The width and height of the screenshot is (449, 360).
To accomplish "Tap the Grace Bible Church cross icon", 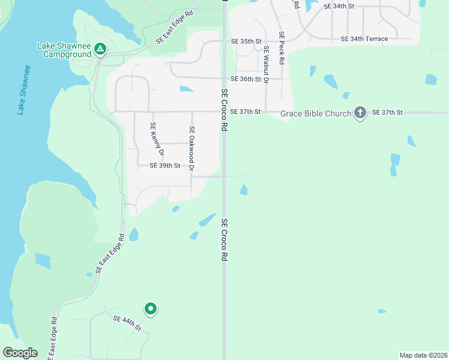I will pos(360,112).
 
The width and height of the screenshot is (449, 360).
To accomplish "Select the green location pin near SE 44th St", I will pos(150,309).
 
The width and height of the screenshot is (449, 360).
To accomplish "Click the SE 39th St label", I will pos(164,165).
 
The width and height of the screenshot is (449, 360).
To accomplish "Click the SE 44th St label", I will pos(127,323).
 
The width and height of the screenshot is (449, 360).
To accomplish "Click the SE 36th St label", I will pos(247,79).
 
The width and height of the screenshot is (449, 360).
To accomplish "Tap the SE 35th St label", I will pos(247,41).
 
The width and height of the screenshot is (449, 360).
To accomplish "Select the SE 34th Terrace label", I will pos(364,38).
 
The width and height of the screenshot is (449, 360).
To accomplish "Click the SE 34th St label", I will pos(339,6).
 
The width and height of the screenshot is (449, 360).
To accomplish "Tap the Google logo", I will pos(20,353).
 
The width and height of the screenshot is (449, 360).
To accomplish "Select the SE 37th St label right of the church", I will pos(387,112).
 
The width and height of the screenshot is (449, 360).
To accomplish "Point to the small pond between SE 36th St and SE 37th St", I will pos(186,89).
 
